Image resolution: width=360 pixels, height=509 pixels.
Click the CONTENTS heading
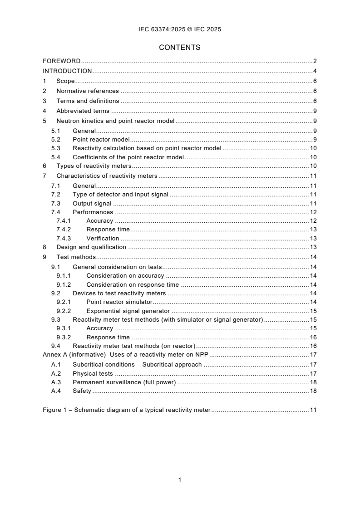click(180, 47)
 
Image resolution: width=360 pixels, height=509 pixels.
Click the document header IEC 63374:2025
click(180, 29)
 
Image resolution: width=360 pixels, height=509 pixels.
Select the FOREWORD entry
click(62, 61)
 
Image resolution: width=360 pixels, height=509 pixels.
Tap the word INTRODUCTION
click(67, 71)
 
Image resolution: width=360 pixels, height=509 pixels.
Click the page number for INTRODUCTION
click(315, 71)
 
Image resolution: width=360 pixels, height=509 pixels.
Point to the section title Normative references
click(87, 91)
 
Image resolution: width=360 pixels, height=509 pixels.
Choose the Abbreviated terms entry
click(83, 111)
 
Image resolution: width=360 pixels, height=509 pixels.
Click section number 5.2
click(55, 139)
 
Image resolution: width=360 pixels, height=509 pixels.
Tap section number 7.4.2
click(64, 230)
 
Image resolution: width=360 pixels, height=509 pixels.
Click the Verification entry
click(103, 239)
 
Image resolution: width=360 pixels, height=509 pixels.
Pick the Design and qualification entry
click(91, 247)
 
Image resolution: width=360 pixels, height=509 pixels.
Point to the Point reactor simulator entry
click(119, 302)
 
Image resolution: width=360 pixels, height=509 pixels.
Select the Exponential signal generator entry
click(128, 311)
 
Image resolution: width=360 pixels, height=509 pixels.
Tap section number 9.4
click(55, 346)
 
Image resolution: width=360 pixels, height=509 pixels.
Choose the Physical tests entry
click(93, 374)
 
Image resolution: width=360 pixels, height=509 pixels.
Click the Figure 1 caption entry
click(127, 410)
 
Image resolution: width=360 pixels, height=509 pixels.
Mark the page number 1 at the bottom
click(180, 480)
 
